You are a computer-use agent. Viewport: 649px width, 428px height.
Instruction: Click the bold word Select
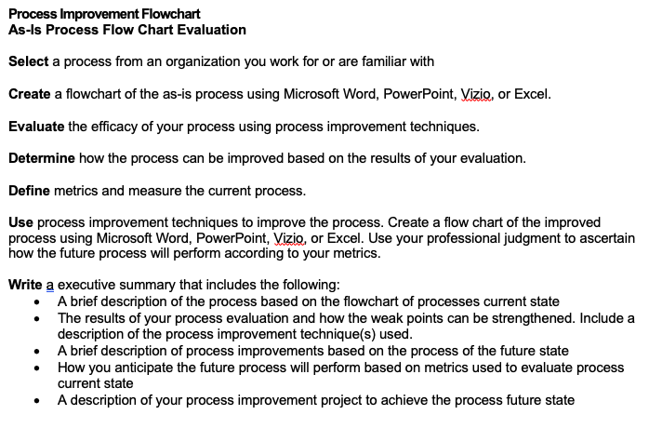[28, 62]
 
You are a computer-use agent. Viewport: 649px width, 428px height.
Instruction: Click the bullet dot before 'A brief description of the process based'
[37, 301]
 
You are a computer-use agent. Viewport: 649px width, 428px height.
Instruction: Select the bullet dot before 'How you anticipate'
[37, 367]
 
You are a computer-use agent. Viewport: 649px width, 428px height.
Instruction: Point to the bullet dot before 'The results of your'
[37, 317]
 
